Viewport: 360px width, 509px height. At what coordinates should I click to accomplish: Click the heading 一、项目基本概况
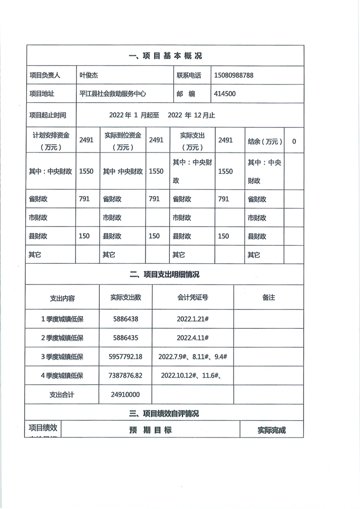click(165, 56)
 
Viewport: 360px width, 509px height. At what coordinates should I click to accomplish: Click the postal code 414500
click(225, 94)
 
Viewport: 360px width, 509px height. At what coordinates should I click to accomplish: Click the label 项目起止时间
click(49, 115)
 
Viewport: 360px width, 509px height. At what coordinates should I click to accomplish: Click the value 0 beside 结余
click(294, 141)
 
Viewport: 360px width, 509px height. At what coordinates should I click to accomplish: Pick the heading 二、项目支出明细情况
click(165, 274)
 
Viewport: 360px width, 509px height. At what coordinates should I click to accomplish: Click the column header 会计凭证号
click(193, 298)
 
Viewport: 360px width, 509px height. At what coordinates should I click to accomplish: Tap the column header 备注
click(268, 298)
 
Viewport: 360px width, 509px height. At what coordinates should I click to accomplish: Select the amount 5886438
click(126, 319)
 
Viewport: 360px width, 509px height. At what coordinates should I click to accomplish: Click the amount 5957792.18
click(126, 356)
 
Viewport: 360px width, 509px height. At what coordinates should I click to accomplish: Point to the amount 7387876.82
click(126, 376)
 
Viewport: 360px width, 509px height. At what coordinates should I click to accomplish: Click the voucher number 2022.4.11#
click(193, 337)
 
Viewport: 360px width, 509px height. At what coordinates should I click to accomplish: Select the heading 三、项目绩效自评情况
click(165, 414)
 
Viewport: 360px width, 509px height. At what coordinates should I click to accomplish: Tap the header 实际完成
click(271, 430)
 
